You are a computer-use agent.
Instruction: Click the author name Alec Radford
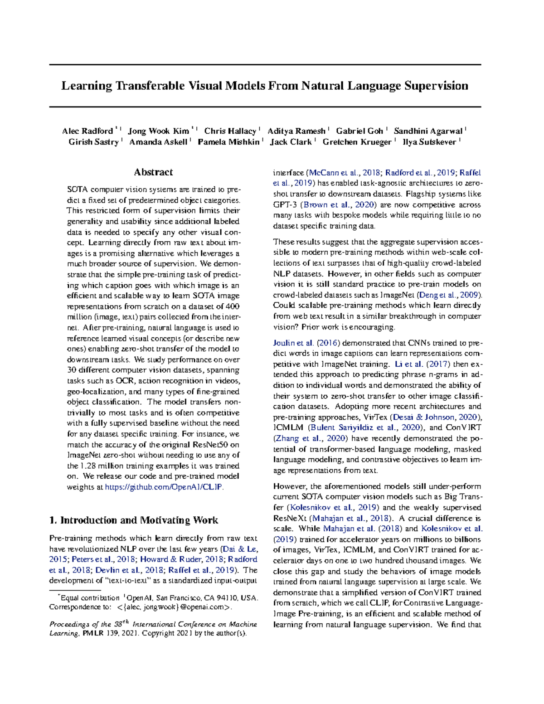click(x=87, y=131)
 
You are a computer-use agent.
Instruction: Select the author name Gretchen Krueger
click(x=357, y=142)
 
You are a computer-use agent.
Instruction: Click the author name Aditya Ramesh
click(x=296, y=131)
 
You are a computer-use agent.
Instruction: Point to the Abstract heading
click(x=153, y=172)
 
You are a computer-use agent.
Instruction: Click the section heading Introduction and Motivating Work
click(x=134, y=520)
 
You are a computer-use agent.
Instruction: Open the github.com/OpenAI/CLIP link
click(x=164, y=487)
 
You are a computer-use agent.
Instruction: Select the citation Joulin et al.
click(x=293, y=343)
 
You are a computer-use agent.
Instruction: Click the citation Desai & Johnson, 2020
click(x=435, y=417)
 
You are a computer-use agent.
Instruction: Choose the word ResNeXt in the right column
click(x=290, y=518)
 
